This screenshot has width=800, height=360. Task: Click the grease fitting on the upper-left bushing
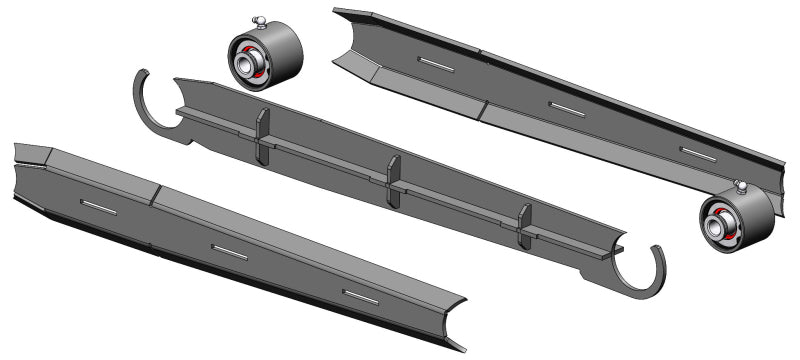pyautogui.click(x=257, y=21)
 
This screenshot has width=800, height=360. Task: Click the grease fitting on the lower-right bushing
pyautogui.click(x=741, y=185)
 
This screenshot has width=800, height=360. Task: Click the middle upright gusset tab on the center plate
pyautogui.click(x=393, y=180)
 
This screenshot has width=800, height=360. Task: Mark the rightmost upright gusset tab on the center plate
pyautogui.click(x=524, y=225)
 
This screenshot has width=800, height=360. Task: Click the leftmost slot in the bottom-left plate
pyautogui.click(x=100, y=207)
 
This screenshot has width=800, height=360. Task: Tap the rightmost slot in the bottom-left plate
pyautogui.click(x=360, y=296)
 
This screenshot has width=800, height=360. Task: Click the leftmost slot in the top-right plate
pyautogui.click(x=437, y=64)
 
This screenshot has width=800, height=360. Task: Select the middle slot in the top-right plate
pyautogui.click(x=567, y=108)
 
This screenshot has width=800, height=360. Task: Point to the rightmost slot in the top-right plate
pyautogui.click(x=697, y=153)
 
